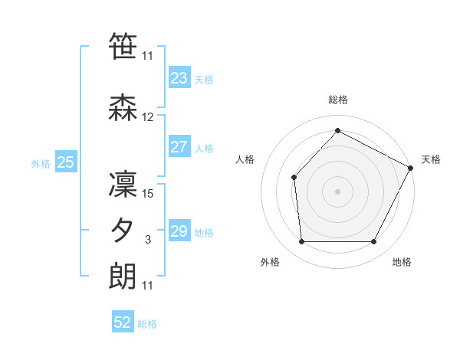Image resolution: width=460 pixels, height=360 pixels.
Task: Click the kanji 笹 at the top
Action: click(123, 46)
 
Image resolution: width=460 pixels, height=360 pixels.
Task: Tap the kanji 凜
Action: click(123, 184)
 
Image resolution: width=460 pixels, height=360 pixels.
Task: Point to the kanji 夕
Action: click(123, 231)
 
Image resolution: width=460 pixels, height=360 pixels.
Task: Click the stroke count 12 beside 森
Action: click(148, 117)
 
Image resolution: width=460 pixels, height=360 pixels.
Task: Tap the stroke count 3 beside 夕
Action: click(148, 241)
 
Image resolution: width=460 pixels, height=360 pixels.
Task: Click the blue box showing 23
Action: click(179, 78)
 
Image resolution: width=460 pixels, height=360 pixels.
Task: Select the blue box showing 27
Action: click(179, 147)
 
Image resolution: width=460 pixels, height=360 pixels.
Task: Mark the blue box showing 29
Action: click(179, 231)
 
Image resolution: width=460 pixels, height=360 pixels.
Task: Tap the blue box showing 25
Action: click(65, 162)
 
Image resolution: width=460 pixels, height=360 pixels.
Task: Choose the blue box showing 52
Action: click(123, 323)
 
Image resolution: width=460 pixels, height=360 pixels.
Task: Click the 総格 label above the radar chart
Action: click(337, 100)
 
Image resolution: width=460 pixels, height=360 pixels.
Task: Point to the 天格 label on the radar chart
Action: click(431, 159)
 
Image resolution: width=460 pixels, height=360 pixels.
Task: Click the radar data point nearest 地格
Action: click(374, 242)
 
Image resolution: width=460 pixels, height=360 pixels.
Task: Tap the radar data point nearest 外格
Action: click(301, 242)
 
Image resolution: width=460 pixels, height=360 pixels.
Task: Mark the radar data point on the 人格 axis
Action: click(294, 178)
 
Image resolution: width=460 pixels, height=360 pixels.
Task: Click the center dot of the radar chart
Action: click(337, 191)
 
